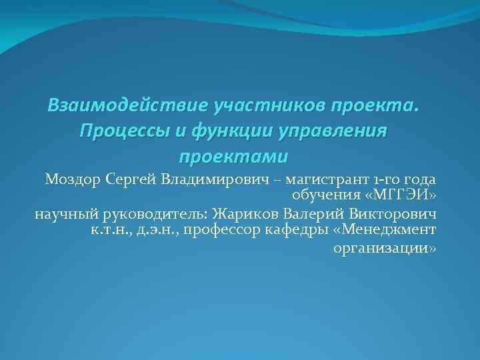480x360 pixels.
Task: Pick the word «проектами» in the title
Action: point(233,157)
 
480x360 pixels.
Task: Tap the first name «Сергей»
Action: point(130,179)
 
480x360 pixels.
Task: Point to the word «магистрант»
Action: point(323,179)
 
